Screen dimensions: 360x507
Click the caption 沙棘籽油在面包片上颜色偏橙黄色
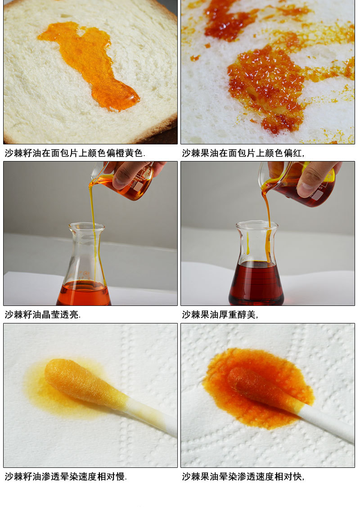(x=75, y=153)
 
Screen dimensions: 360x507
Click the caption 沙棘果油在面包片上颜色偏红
(x=243, y=153)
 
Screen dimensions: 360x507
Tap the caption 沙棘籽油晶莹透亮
(x=42, y=314)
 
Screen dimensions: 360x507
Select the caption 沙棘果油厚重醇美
(x=220, y=314)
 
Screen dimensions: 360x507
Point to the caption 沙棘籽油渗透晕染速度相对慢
(x=66, y=476)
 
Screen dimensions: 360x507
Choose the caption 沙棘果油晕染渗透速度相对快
(x=243, y=476)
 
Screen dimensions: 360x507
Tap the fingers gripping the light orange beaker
(x=130, y=173)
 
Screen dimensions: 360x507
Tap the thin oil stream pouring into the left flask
(x=94, y=226)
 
